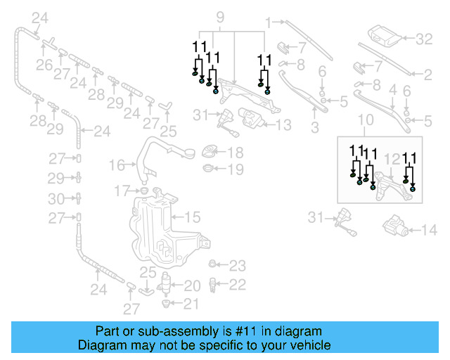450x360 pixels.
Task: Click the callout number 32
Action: point(424,39)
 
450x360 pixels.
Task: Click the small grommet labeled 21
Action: point(167,303)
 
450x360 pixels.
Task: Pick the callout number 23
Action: point(238,266)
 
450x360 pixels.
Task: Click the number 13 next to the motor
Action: point(283,125)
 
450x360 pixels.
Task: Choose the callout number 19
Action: point(236,169)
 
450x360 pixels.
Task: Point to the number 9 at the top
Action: point(219,15)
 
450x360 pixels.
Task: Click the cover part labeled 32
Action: point(383,36)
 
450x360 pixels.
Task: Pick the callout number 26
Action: point(45,65)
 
